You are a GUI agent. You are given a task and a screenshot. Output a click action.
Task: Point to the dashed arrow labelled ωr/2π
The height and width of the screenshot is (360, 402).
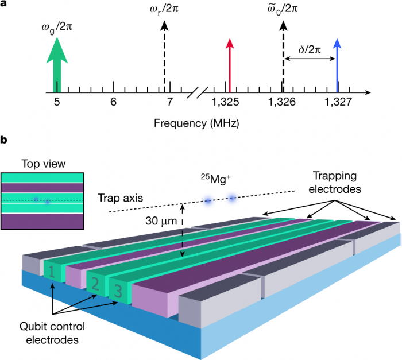(165, 57)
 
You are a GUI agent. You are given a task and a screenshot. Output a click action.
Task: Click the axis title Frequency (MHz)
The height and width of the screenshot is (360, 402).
(196, 123)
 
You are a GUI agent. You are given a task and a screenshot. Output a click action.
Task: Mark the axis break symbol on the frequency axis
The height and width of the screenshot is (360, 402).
(198, 91)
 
